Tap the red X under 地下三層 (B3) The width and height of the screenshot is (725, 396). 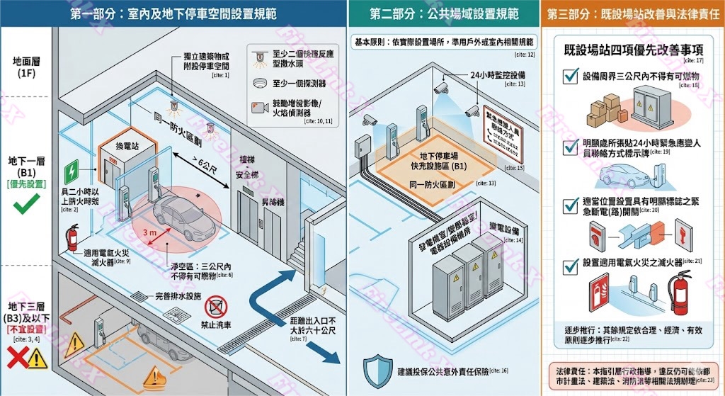pyautogui.click(x=16, y=359)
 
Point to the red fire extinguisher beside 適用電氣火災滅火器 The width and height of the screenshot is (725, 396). pyautogui.click(x=73, y=238)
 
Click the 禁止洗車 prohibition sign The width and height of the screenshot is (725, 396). pyautogui.click(x=216, y=308)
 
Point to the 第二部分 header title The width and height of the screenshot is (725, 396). pyautogui.click(x=444, y=13)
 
